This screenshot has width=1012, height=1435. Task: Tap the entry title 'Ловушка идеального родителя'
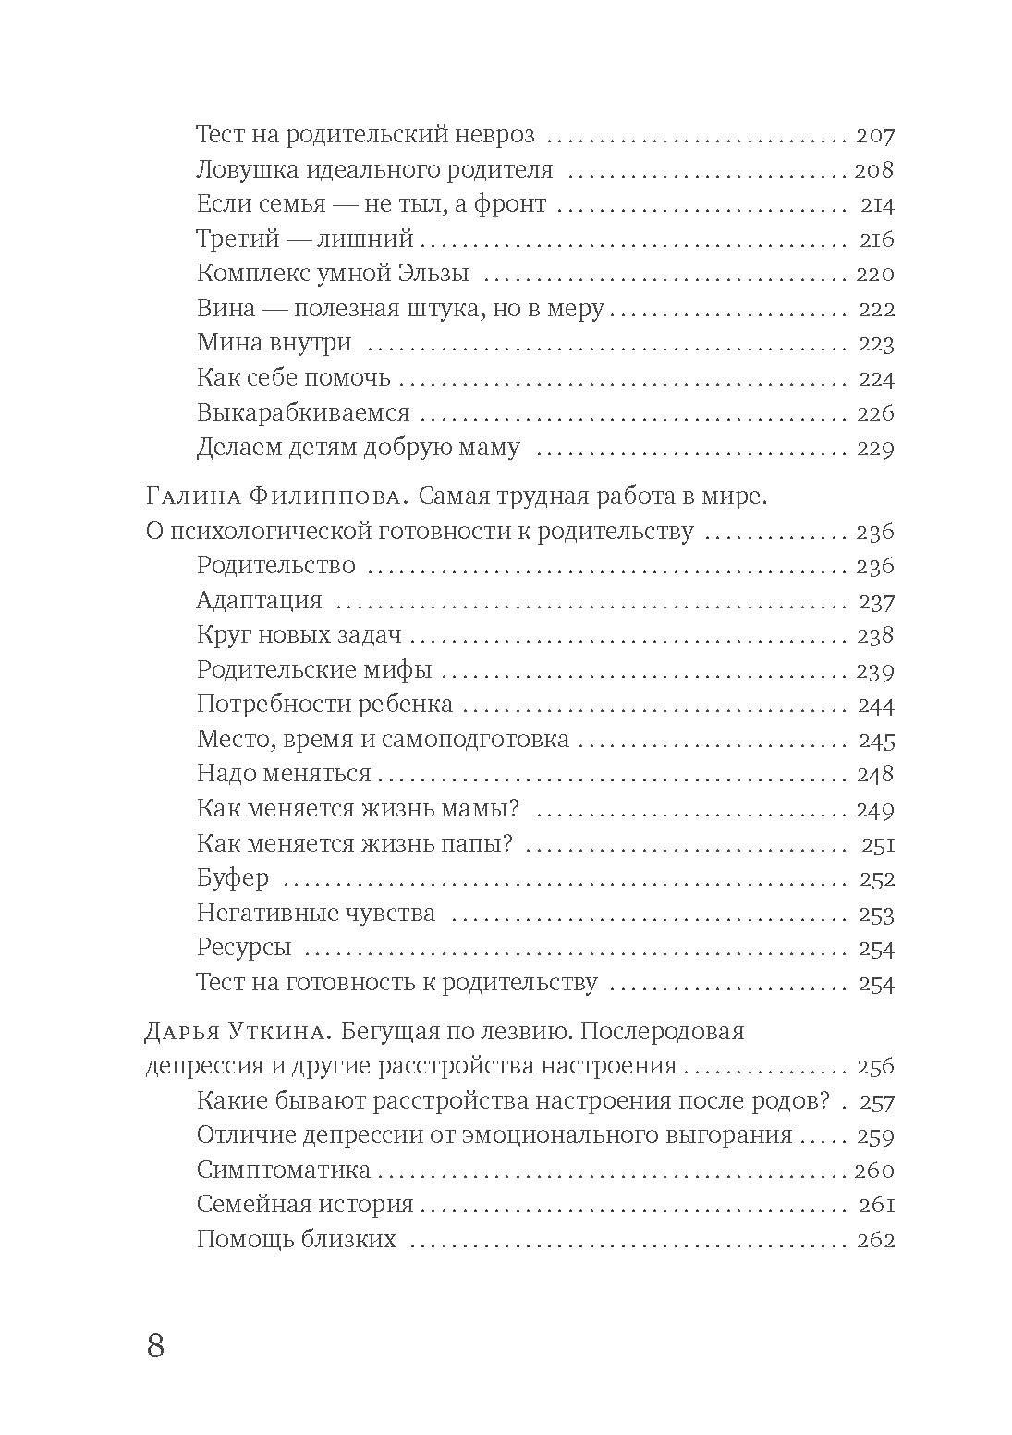coord(374,170)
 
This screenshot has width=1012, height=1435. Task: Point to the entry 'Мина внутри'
coord(274,343)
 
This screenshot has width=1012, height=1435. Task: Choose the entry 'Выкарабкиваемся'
coord(302,412)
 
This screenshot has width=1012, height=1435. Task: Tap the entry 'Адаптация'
coord(259,601)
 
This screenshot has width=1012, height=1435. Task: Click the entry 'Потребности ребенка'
coord(324,705)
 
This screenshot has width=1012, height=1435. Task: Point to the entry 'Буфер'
coord(232,878)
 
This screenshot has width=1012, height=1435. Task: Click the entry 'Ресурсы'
coord(244,948)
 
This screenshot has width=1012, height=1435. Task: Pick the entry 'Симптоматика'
coord(283,1170)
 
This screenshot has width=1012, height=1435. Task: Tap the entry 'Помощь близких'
coord(296,1240)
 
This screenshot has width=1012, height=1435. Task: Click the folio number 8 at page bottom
coord(155,1346)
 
